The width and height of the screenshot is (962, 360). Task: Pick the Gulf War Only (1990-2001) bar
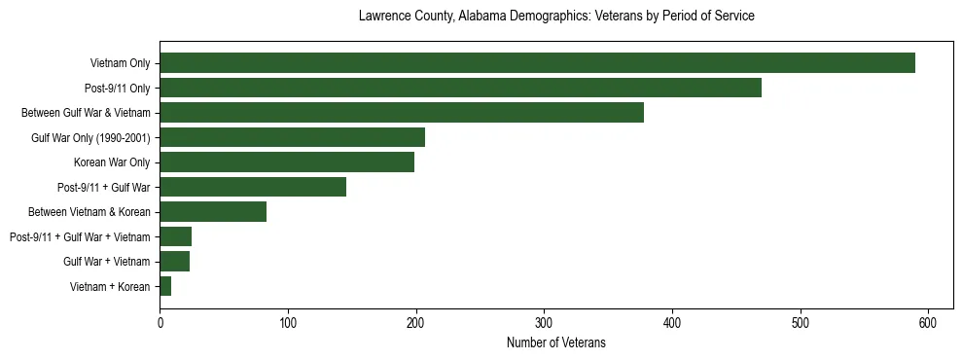pyautogui.click(x=292, y=137)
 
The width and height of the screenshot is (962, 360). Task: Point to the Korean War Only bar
pyautogui.click(x=287, y=162)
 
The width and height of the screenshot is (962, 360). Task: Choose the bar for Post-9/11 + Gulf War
pyautogui.click(x=253, y=187)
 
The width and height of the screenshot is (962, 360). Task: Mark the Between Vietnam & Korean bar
pyautogui.click(x=213, y=212)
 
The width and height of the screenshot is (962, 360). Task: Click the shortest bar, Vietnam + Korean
pyautogui.click(x=165, y=286)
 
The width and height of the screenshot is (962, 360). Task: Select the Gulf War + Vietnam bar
pyautogui.click(x=174, y=262)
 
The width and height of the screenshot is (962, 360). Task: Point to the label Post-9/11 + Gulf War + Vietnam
pyautogui.click(x=80, y=237)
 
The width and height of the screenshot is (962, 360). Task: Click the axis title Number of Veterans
pyautogui.click(x=555, y=342)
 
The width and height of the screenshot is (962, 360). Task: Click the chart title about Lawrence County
pyautogui.click(x=555, y=17)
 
